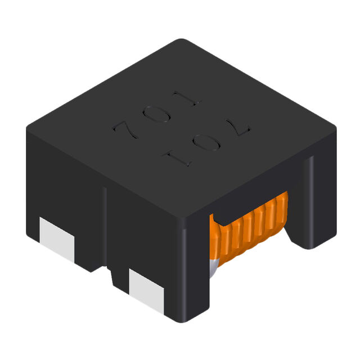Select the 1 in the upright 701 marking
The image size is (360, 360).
click(x=190, y=98)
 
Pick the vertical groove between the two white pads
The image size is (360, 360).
click(x=106, y=225)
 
